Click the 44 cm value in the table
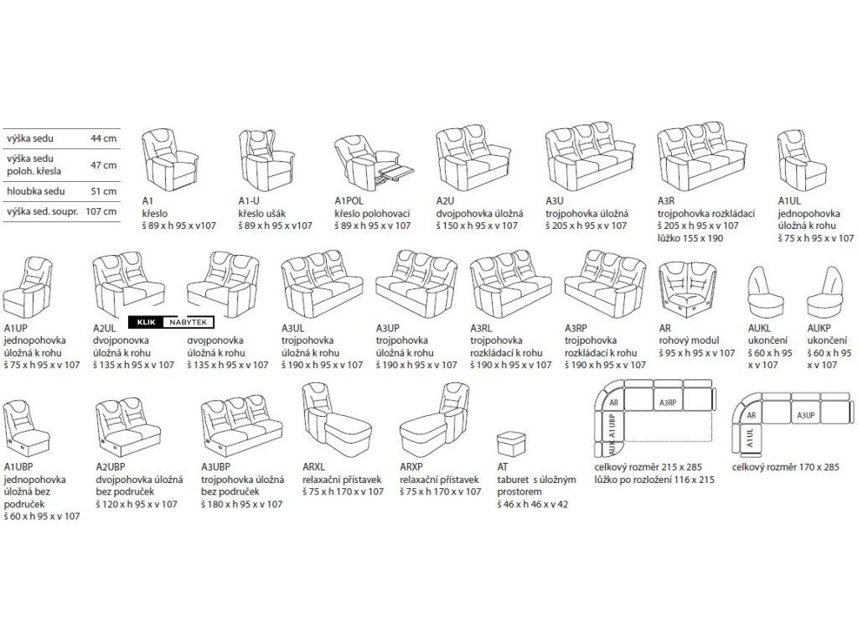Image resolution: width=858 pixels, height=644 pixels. (104, 139)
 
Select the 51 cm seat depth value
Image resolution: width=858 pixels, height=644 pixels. (104, 191)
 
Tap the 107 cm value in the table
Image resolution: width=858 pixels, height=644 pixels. (104, 211)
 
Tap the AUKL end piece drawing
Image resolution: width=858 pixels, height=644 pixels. (762, 288)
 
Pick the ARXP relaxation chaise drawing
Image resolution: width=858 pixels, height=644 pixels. (437, 418)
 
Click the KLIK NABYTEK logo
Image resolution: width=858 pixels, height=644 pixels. (172, 321)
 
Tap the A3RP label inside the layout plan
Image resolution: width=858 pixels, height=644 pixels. (667, 402)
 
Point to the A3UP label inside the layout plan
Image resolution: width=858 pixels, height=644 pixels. (805, 415)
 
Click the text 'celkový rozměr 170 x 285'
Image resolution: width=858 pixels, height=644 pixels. (784, 466)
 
